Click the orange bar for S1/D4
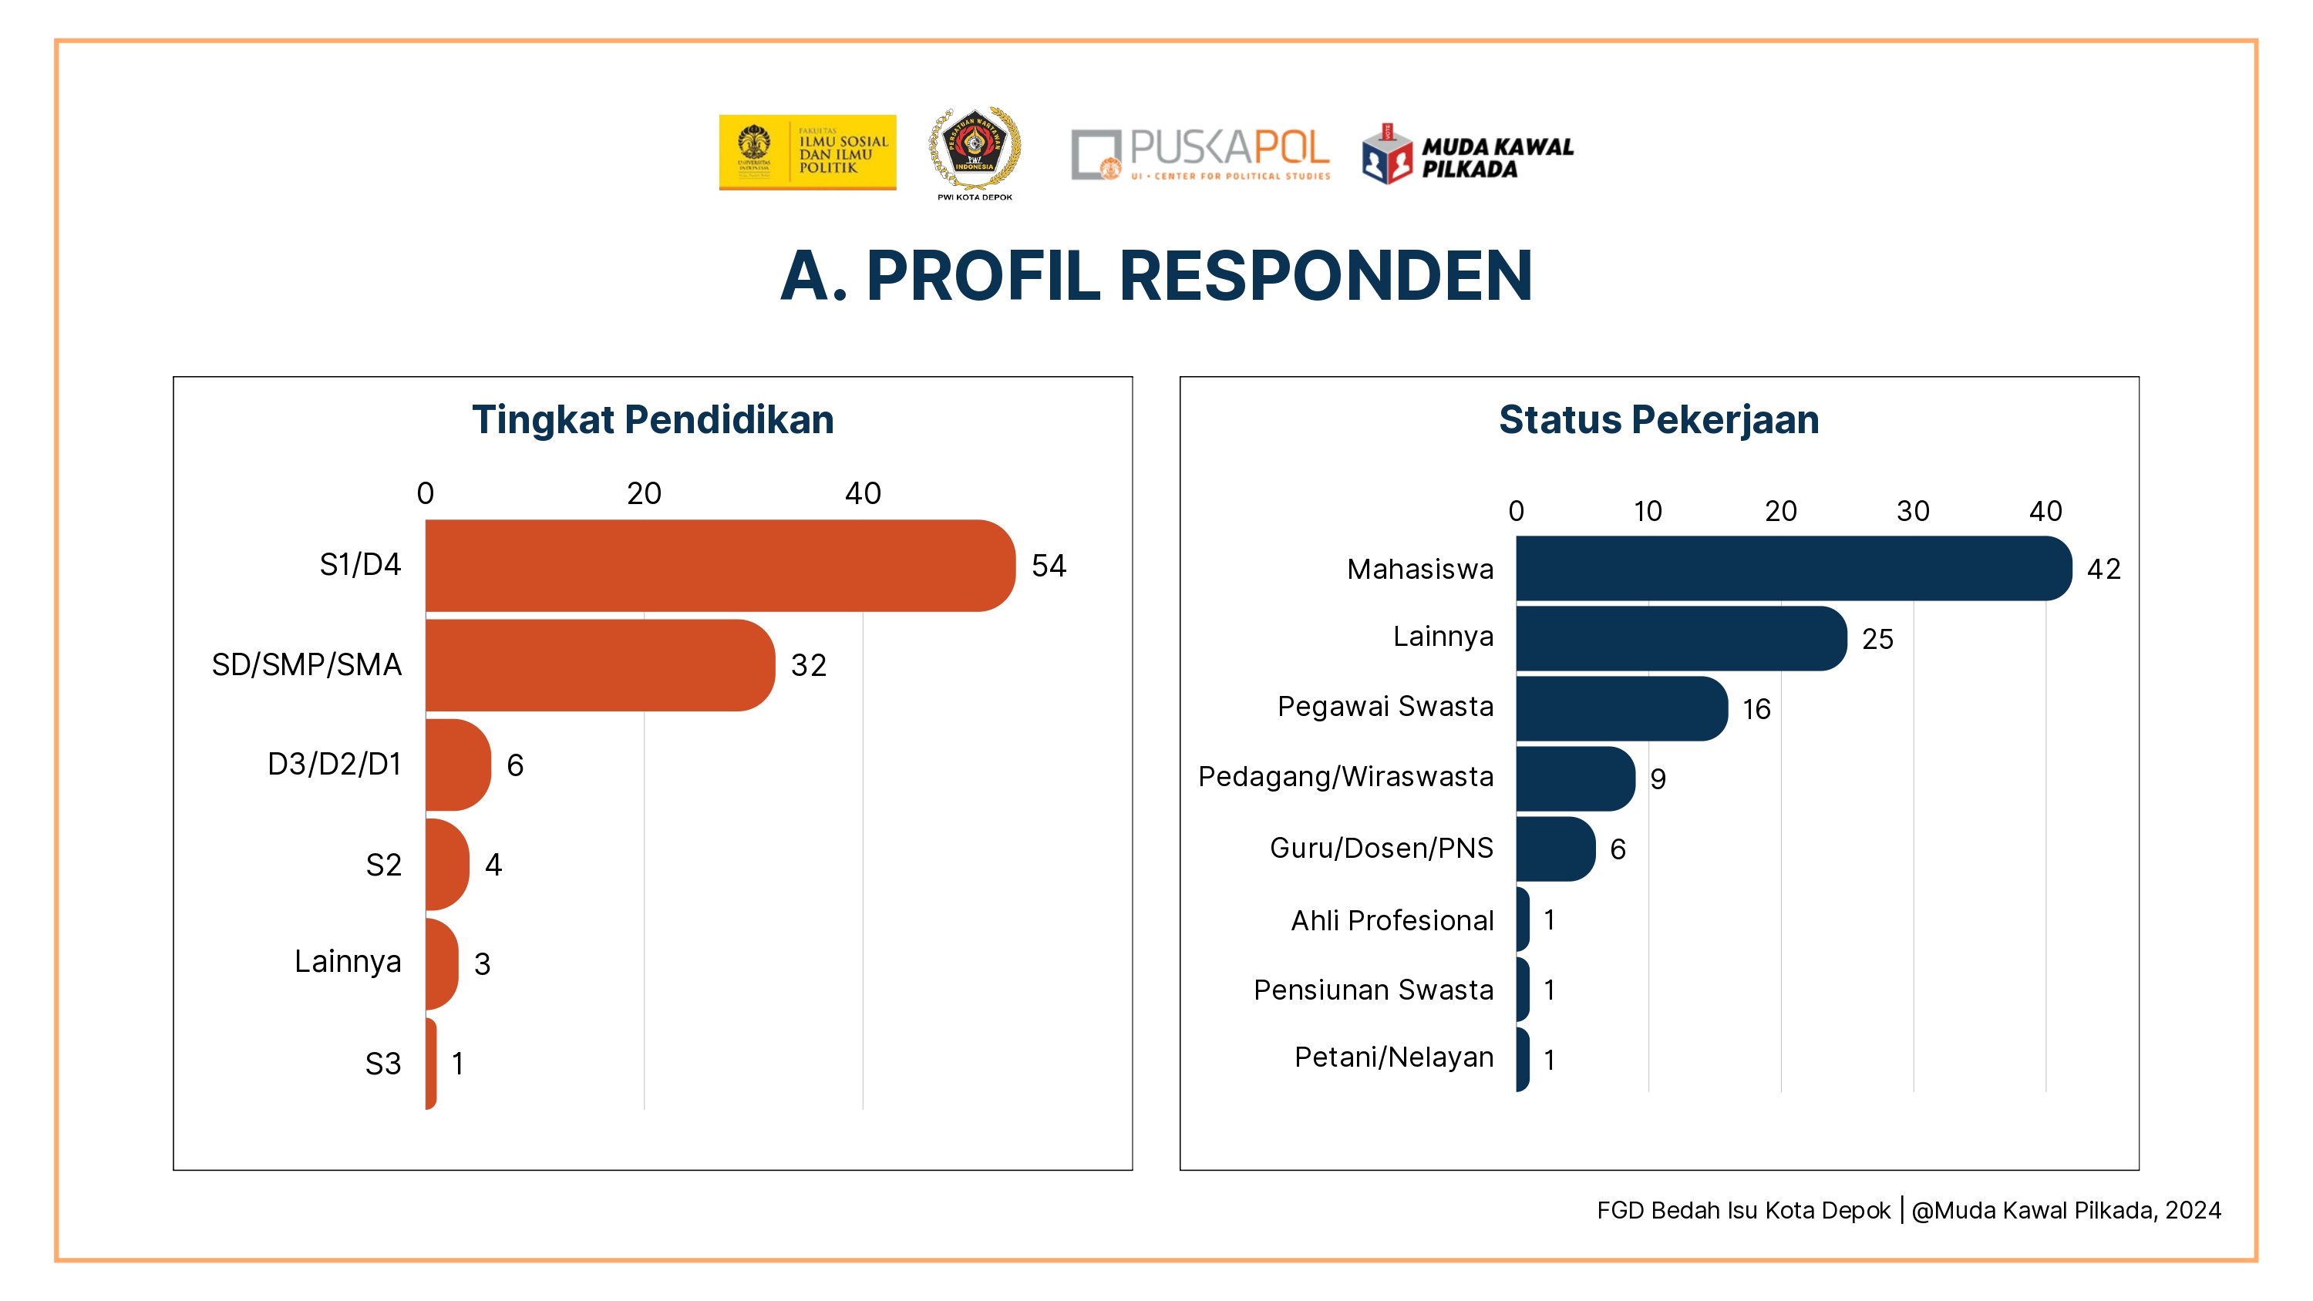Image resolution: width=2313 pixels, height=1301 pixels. pyautogui.click(x=719, y=566)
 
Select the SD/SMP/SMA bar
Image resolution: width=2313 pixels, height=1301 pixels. pyautogui.click(x=599, y=665)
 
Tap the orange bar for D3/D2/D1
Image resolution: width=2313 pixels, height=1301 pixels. pyautogui.click(x=458, y=765)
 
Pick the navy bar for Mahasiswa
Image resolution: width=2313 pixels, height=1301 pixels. pyautogui.click(x=1793, y=568)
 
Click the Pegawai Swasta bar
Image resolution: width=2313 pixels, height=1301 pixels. pyautogui.click(x=1621, y=708)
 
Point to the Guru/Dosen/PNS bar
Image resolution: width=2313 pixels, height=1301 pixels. pyautogui.click(x=1555, y=849)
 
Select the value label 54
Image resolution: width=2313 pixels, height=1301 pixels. pyautogui.click(x=1048, y=566)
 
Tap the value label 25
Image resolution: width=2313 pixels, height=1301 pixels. pyautogui.click(x=1877, y=639)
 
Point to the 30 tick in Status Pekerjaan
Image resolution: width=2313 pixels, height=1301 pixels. pyautogui.click(x=1913, y=511)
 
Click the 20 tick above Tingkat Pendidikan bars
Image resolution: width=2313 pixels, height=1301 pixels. pyautogui.click(x=644, y=493)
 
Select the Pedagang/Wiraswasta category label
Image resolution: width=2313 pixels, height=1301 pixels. pyautogui.click(x=1345, y=777)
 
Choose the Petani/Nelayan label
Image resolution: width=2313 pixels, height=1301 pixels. pyautogui.click(x=1393, y=1057)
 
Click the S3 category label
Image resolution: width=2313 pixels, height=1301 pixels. pyautogui.click(x=382, y=1064)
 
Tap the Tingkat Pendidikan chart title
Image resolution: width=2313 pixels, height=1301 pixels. pyautogui.click(x=653, y=419)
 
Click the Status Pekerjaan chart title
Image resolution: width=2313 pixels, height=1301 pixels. pyautogui.click(x=1658, y=419)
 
